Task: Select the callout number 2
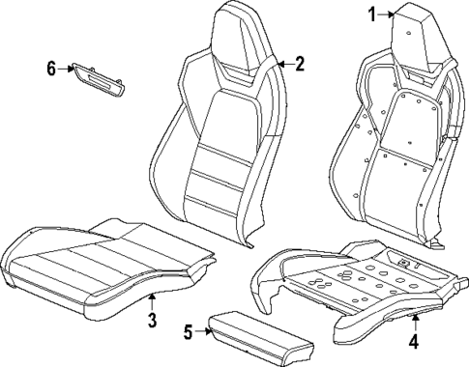pyautogui.click(x=300, y=65)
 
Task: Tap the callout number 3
pyautogui.click(x=152, y=320)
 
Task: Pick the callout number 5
pyautogui.click(x=189, y=332)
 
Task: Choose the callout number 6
pyautogui.click(x=51, y=68)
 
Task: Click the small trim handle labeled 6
pyautogui.click(x=100, y=78)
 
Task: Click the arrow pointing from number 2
pyautogui.click(x=283, y=65)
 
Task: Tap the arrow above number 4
pyautogui.click(x=415, y=323)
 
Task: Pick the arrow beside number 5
pyautogui.click(x=204, y=332)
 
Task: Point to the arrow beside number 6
pyautogui.click(x=67, y=68)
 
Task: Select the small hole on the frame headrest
pyautogui.click(x=410, y=35)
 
